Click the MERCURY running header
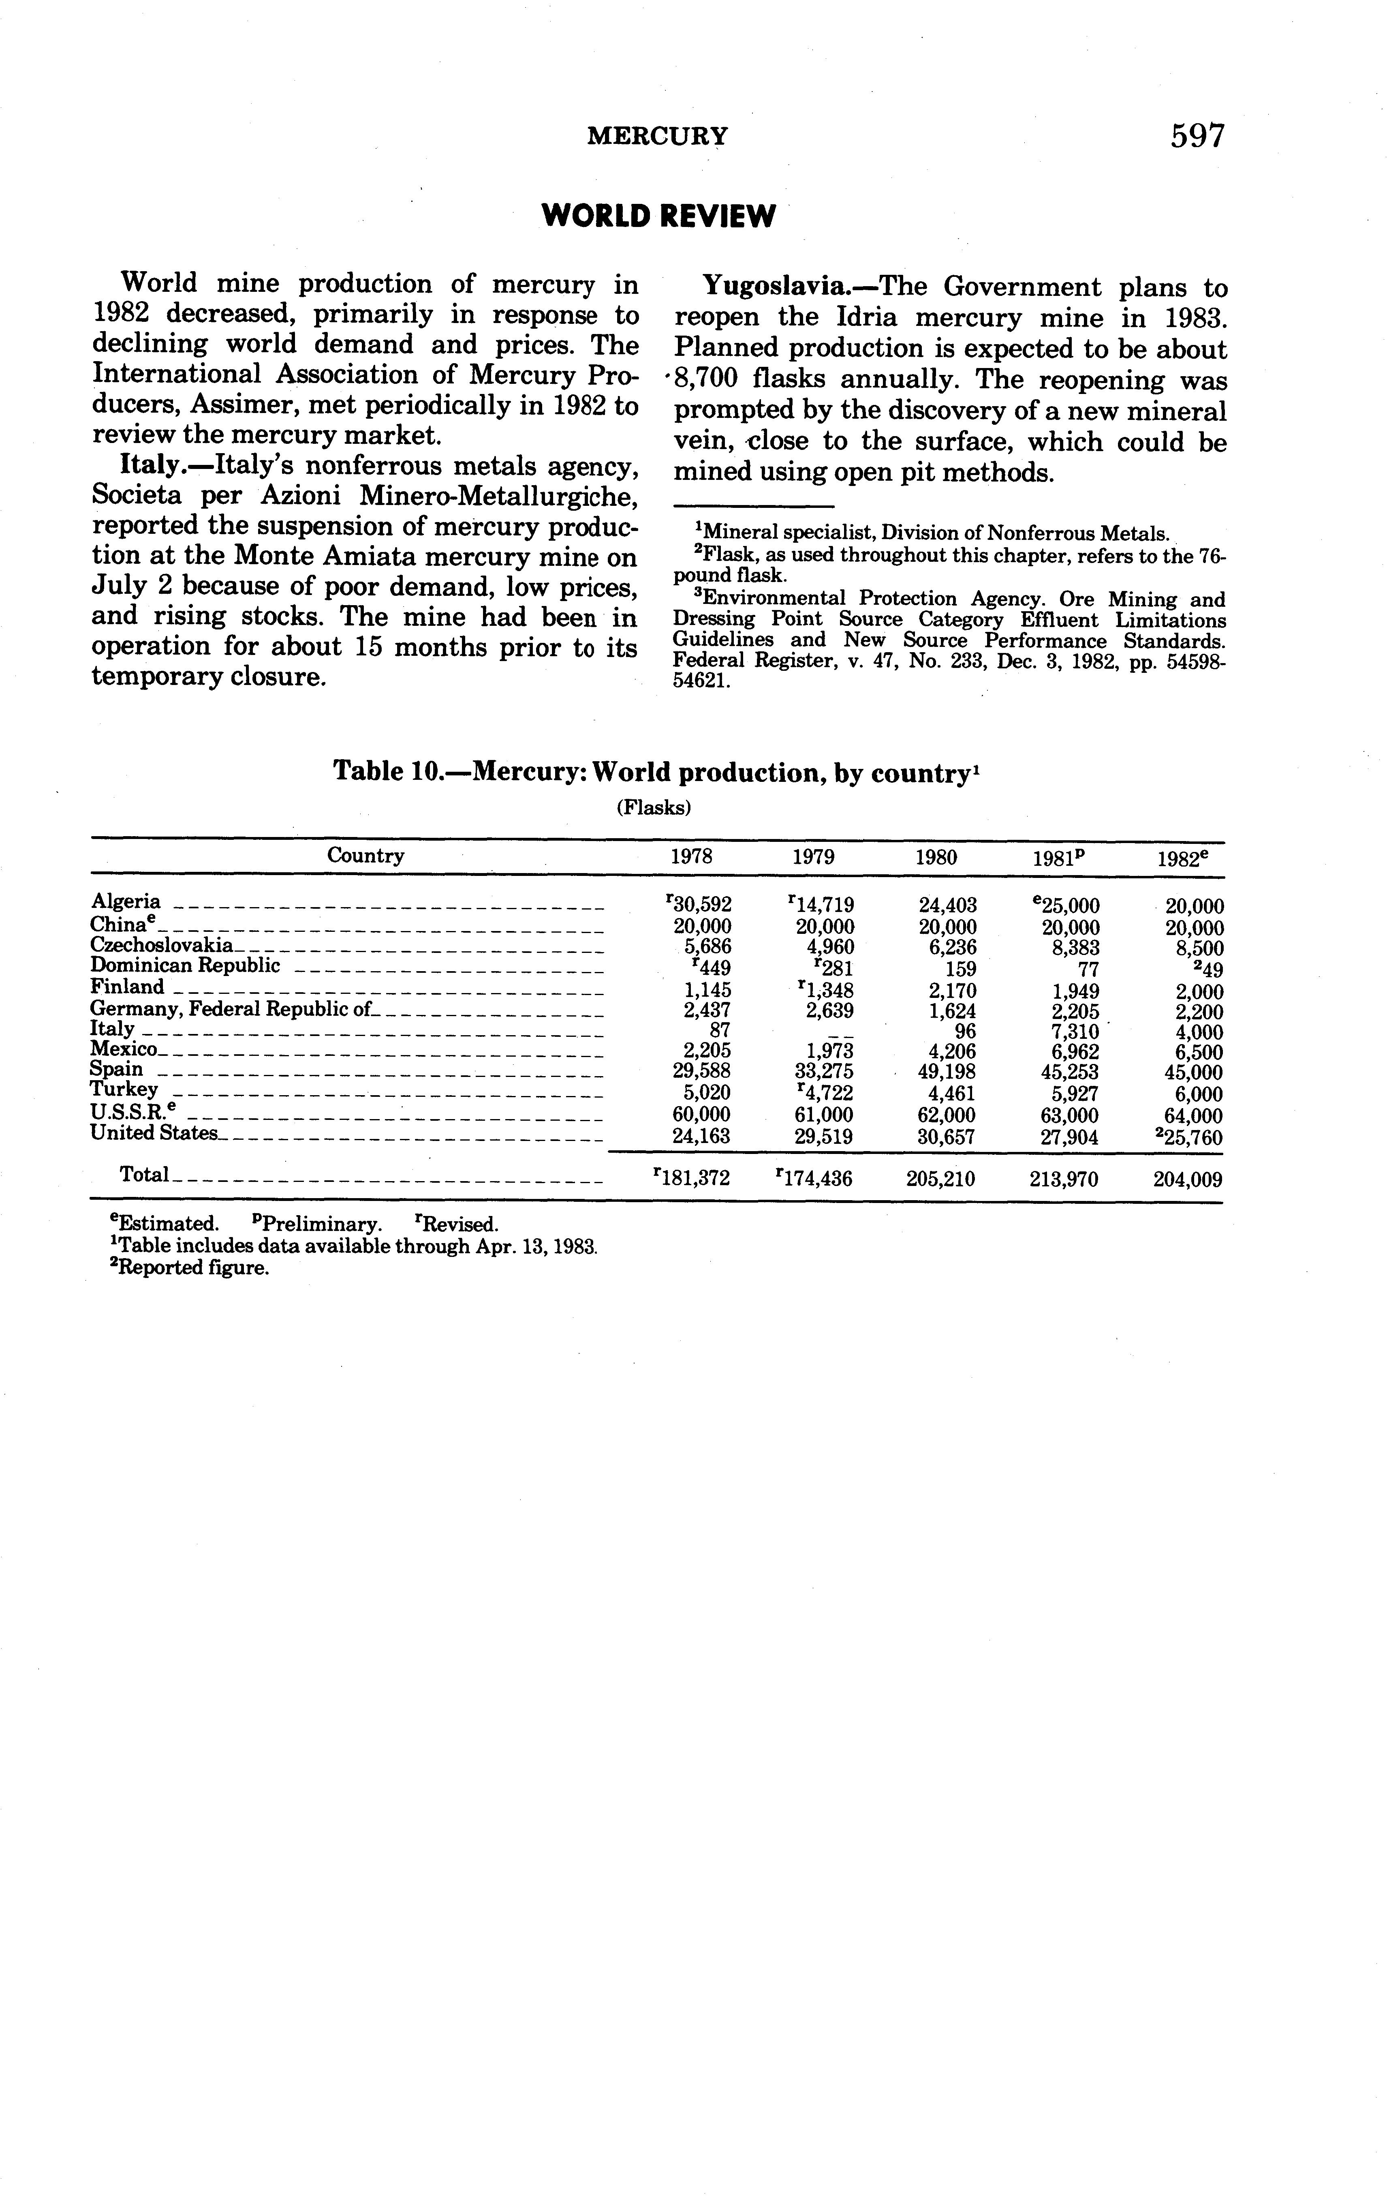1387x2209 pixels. pos(658,137)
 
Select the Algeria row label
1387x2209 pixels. pos(126,902)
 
